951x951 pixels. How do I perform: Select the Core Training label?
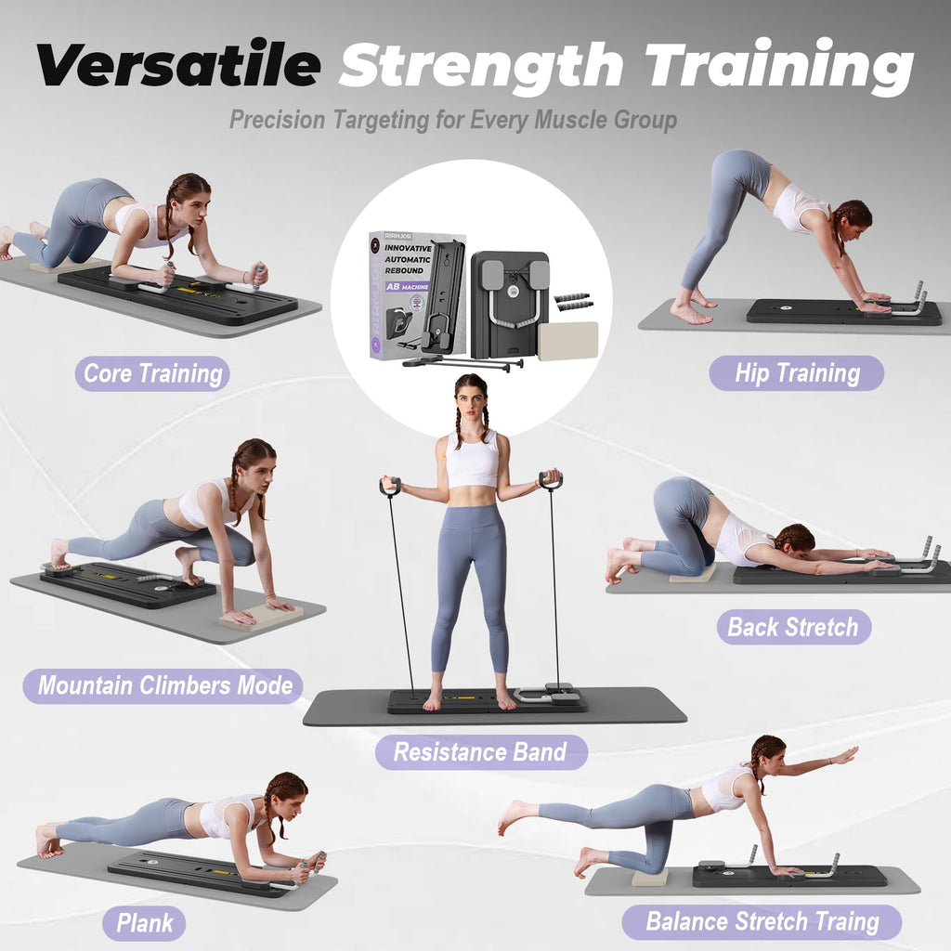point(153,374)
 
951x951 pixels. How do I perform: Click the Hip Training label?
point(797,373)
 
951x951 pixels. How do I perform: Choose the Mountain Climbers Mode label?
point(164,686)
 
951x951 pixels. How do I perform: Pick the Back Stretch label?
point(793,627)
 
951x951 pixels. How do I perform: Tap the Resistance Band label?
point(480,752)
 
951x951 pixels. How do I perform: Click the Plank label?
point(145,923)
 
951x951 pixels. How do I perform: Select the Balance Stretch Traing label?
point(762,922)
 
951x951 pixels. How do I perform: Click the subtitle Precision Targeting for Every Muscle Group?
point(453,120)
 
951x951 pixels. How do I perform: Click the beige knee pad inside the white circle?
point(567,341)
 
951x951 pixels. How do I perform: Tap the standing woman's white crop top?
point(473,460)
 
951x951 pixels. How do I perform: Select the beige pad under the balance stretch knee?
point(649,878)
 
